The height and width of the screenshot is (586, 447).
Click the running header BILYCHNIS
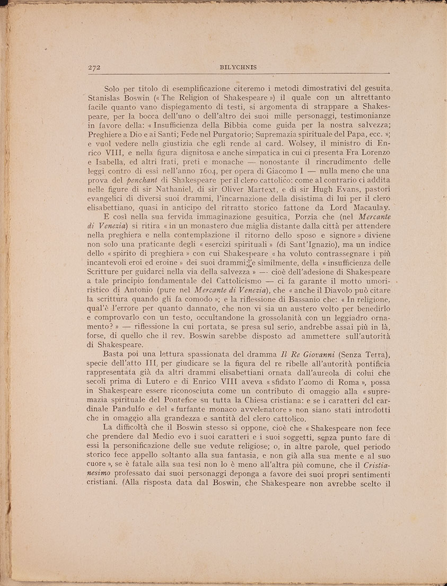pos(238,67)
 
